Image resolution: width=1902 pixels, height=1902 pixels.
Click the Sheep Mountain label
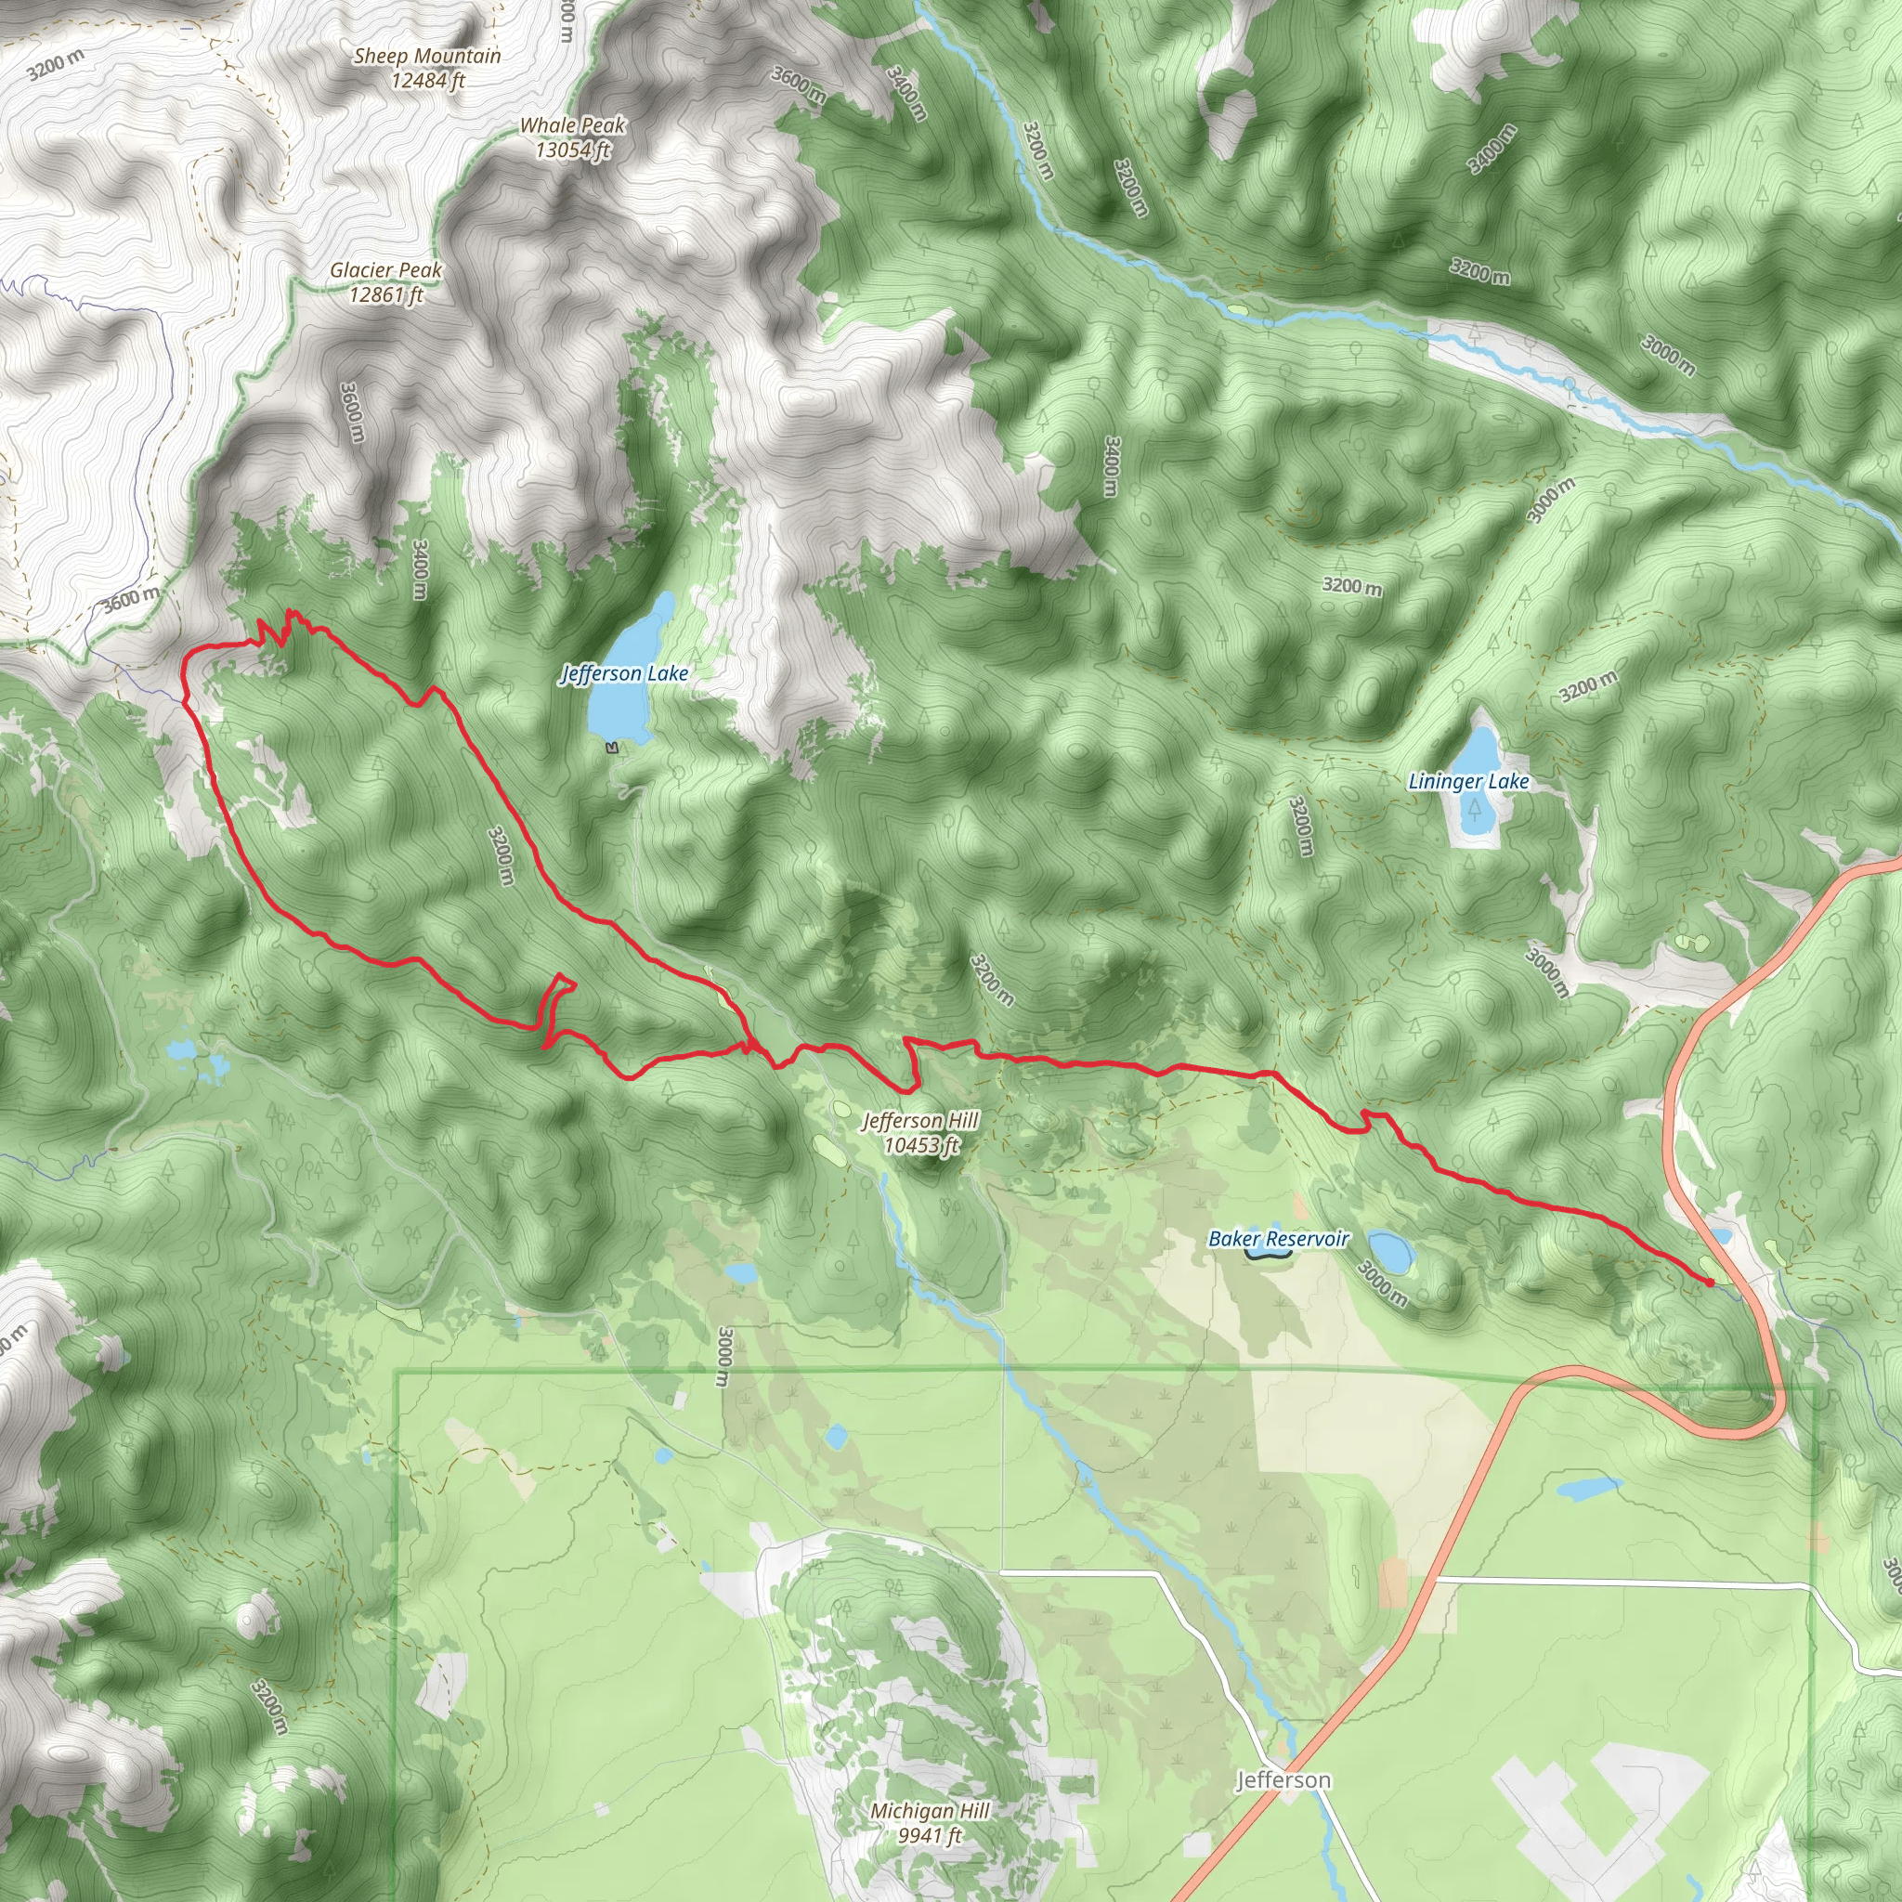tap(427, 68)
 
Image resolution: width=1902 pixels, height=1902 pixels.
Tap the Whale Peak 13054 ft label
tap(573, 137)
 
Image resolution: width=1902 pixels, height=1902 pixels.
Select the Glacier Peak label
tap(386, 281)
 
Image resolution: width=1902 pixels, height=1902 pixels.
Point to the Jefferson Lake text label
tap(624, 673)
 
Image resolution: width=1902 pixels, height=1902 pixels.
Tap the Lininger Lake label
tap(1469, 782)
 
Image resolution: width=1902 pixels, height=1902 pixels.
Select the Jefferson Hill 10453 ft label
tap(920, 1132)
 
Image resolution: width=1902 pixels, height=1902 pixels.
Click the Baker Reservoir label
tap(1278, 1239)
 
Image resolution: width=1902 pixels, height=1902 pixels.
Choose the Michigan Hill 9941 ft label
tap(930, 1822)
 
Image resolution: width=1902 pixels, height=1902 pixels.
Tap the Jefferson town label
tap(1283, 1780)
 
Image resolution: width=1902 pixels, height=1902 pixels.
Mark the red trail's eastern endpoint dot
tap(1710, 1283)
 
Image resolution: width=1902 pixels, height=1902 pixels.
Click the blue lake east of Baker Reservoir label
tap(1391, 1250)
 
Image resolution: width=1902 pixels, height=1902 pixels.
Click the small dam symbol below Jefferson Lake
tap(613, 749)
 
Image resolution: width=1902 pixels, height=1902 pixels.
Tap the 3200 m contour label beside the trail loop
tap(502, 853)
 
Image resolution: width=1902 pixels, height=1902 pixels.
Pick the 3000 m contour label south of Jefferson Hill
tap(723, 1356)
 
